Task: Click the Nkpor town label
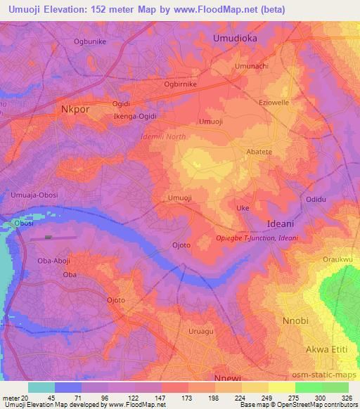coord(76,109)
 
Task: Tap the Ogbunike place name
coord(89,41)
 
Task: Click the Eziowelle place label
coord(274,103)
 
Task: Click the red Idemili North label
coord(163,136)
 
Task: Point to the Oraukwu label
coord(337,259)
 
